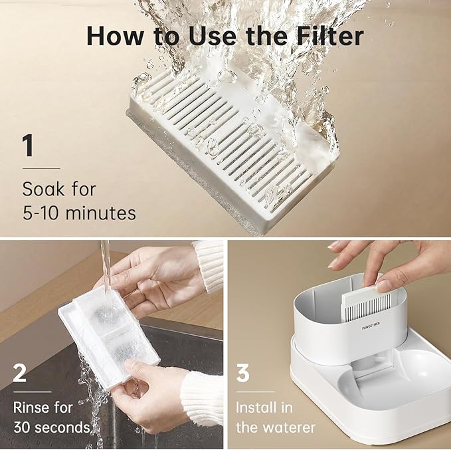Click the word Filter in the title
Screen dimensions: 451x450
pyautogui.click(x=330, y=36)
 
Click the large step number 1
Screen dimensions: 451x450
pyautogui.click(x=28, y=146)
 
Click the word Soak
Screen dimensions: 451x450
pyautogui.click(x=43, y=189)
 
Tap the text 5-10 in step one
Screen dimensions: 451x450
pyautogui.click(x=41, y=213)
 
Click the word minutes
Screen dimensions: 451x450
pyautogui.click(x=101, y=213)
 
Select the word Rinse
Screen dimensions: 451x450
pyautogui.click(x=29, y=407)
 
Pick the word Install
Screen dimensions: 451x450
pyautogui.click(x=256, y=407)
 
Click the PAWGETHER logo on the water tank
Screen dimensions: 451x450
pyautogui.click(x=371, y=326)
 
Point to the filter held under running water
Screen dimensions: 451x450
pyautogui.click(x=109, y=336)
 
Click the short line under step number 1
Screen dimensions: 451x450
pyautogui.click(x=41, y=168)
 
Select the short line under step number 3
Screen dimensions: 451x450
pyautogui.click(x=256, y=392)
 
